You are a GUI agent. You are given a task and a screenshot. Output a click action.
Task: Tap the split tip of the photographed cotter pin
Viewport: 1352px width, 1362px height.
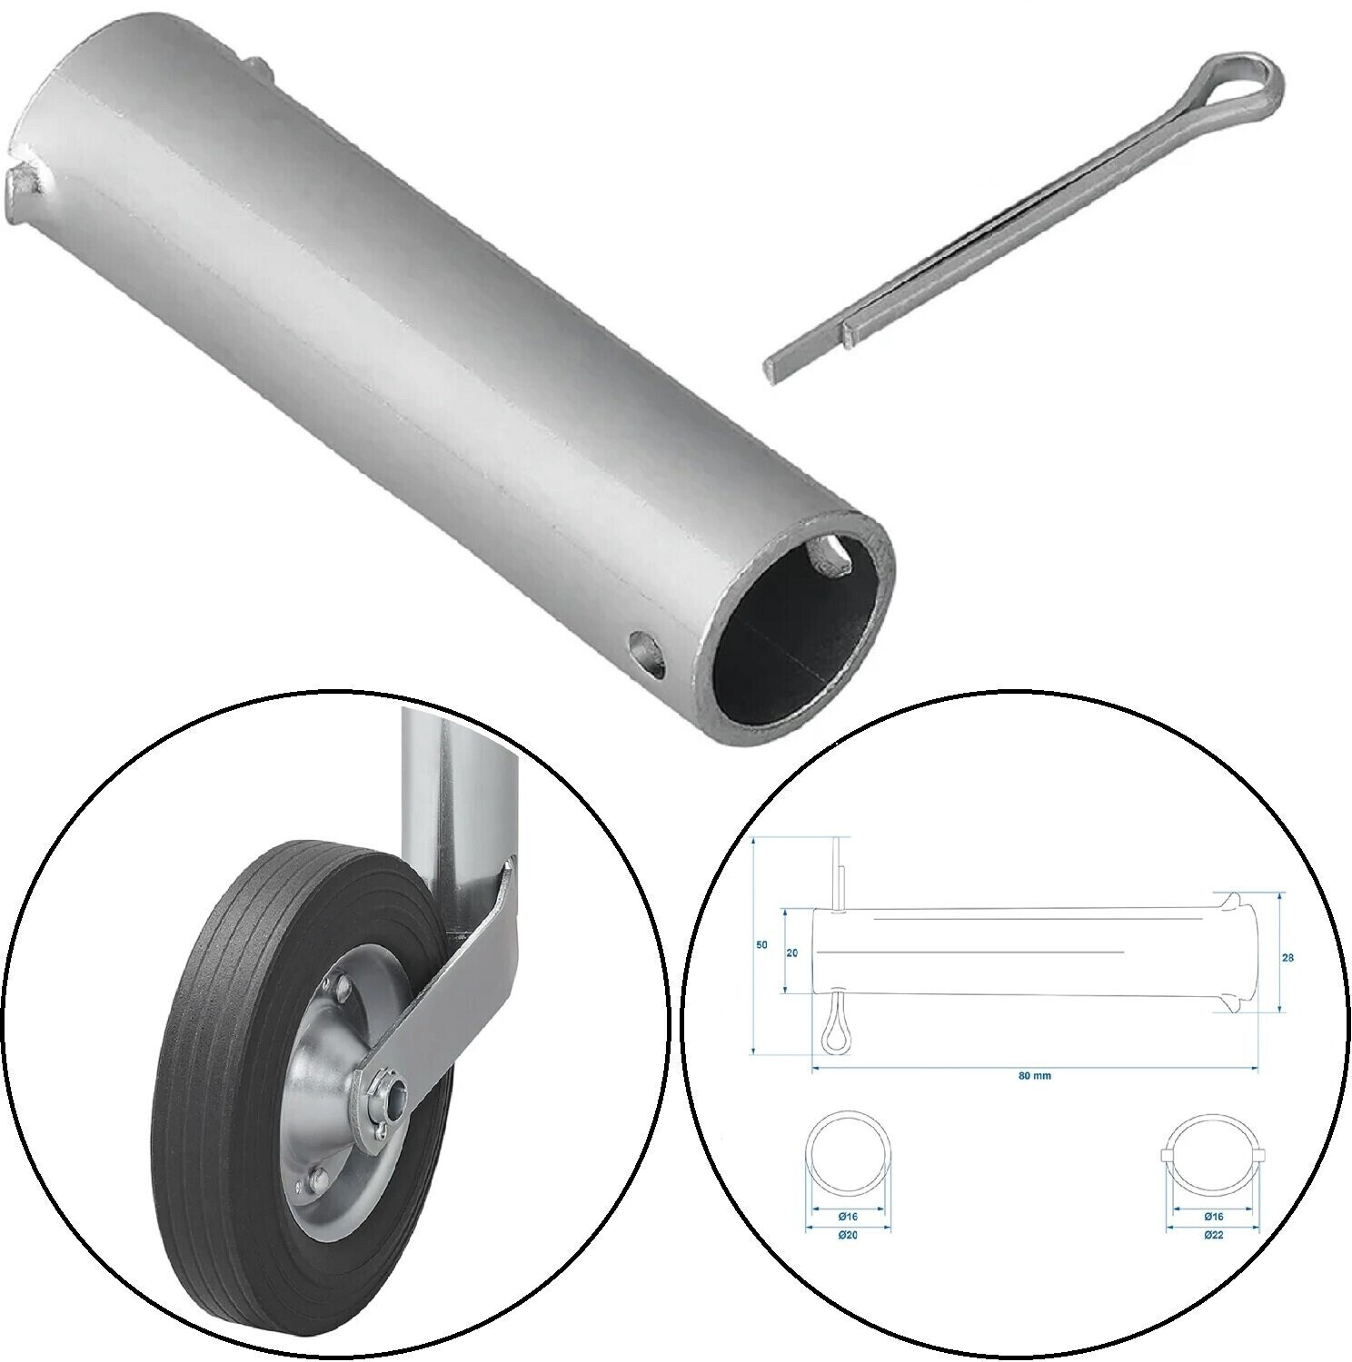click(781, 368)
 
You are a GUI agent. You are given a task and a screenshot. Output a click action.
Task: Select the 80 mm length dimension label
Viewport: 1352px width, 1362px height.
click(1034, 1075)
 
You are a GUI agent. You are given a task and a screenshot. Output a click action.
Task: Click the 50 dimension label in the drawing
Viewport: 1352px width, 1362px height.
click(761, 945)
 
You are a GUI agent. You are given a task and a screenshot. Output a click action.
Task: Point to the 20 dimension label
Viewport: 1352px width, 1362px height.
click(791, 953)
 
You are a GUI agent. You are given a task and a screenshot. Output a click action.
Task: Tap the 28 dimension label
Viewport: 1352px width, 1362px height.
click(1289, 957)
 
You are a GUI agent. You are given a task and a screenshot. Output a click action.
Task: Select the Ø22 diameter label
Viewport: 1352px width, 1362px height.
click(1212, 1235)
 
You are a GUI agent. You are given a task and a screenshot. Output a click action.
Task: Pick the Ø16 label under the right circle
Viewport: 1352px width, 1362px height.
click(1212, 1216)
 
